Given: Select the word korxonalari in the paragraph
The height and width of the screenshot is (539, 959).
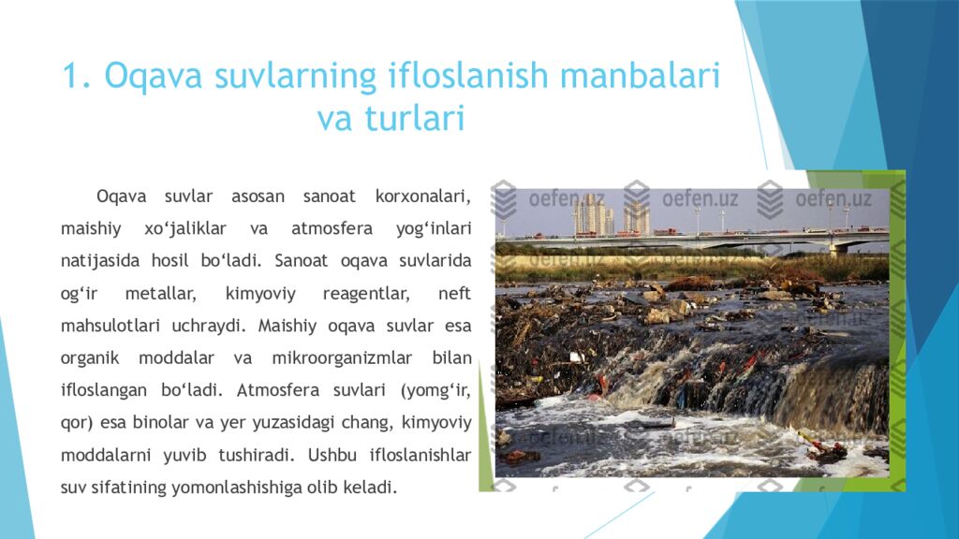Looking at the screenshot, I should click(420, 197).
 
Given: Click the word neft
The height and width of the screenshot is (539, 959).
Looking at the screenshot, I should click(454, 294).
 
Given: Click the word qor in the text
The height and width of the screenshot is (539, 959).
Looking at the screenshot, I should click(74, 423).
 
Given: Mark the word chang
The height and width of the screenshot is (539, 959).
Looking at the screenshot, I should click(368, 423).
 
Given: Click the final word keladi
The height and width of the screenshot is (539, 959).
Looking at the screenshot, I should click(371, 488).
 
